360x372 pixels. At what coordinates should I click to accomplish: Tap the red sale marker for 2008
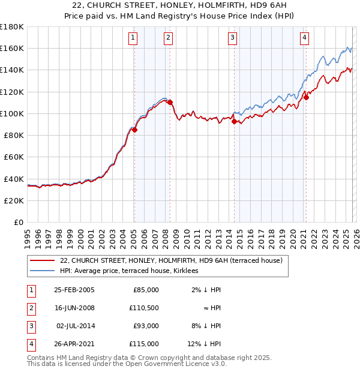point(170,102)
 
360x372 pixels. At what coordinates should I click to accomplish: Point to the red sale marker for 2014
point(234,121)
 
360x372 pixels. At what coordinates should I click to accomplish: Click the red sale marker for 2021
point(306,97)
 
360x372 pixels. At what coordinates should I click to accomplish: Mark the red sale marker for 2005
point(134,130)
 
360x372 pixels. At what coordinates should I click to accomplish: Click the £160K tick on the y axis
point(12,48)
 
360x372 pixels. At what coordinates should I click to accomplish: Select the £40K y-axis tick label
point(14,179)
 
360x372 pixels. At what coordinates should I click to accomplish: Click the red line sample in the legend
point(43,260)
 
